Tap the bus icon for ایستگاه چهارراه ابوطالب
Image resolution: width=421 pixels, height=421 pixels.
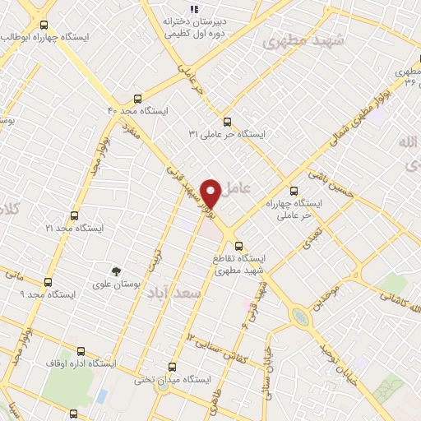point(44,25)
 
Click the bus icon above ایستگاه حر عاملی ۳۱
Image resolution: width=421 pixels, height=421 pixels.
point(238,121)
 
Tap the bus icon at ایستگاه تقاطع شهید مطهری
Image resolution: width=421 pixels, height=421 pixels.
point(239,245)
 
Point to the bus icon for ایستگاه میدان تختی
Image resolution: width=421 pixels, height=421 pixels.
point(172,367)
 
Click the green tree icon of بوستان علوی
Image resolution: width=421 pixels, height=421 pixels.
point(116,271)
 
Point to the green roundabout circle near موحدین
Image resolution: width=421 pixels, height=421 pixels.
point(301,316)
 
